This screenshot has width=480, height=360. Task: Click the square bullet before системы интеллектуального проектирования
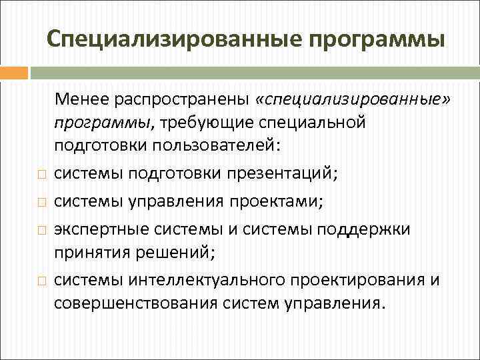[x=41, y=281]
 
